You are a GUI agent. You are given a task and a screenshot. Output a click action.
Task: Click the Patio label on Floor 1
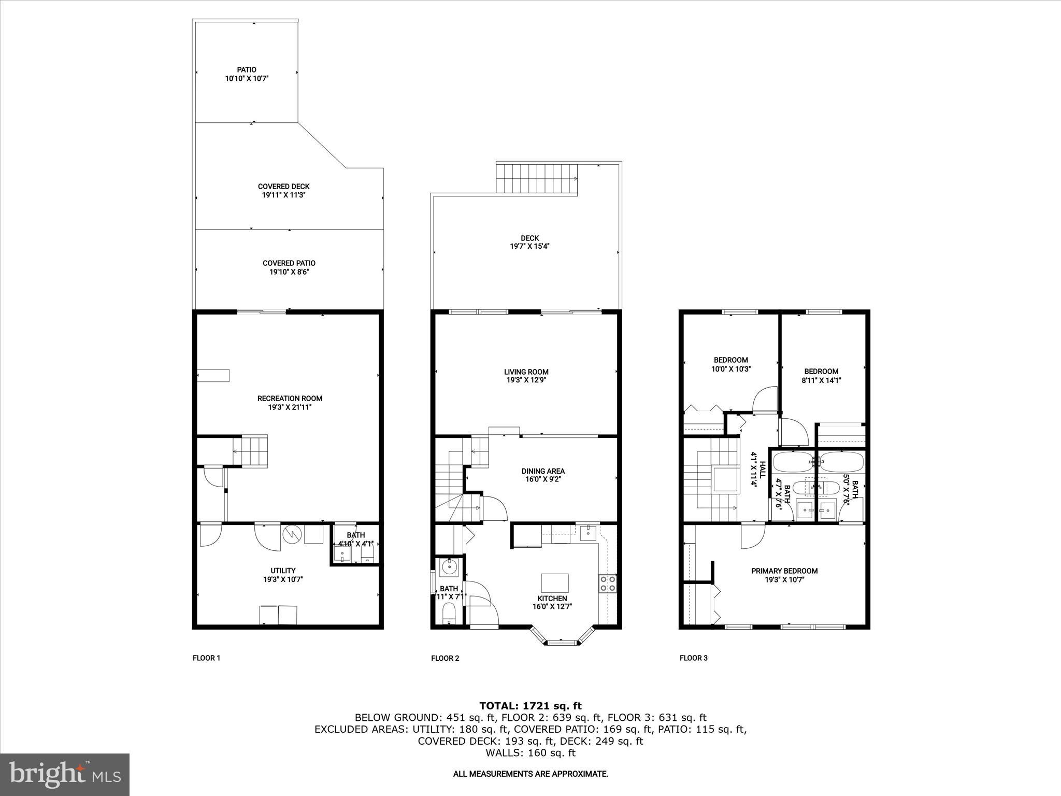[247, 69]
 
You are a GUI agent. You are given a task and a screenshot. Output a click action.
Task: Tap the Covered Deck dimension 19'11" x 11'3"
[283, 195]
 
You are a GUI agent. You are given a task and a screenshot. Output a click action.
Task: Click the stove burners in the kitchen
[608, 584]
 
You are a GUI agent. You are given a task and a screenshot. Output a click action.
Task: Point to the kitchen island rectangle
[554, 582]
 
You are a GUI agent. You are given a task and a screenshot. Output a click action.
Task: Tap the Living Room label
[526, 372]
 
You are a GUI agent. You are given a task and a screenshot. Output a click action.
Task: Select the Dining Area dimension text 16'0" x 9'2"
[542, 479]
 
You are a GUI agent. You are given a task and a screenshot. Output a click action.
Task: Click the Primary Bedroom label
[784, 571]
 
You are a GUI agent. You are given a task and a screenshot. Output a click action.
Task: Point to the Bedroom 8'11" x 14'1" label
[821, 371]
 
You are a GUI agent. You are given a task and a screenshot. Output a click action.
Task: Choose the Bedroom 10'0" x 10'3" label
[730, 360]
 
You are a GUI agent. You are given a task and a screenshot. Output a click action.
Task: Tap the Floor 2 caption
[445, 658]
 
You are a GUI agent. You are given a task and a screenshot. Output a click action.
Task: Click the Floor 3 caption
[693, 658]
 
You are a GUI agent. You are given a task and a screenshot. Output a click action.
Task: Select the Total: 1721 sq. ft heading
[530, 706]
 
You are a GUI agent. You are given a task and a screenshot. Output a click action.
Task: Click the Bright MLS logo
[65, 774]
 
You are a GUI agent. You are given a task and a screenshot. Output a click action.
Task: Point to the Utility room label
[283, 571]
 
